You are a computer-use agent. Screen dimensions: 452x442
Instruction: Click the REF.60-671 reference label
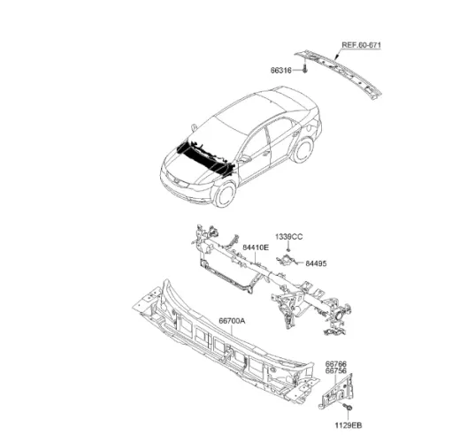point(361,45)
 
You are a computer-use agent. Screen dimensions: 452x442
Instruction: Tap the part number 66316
point(281,71)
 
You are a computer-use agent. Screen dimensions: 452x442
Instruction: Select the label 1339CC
point(289,237)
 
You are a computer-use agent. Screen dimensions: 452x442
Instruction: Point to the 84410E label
point(256,248)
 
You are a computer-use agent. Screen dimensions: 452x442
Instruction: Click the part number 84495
point(316,263)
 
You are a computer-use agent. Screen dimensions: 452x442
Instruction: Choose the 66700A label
point(232,321)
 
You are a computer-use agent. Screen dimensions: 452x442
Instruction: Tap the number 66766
point(336,364)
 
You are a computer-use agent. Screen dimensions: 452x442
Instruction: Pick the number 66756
point(336,371)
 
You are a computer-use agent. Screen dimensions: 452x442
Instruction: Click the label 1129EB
point(349,425)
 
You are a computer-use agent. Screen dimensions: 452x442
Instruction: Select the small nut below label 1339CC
point(288,250)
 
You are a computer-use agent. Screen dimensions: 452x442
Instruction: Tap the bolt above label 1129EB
point(349,408)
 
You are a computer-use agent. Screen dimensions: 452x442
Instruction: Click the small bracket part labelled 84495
point(287,260)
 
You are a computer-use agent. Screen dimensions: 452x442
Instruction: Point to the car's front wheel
point(225,194)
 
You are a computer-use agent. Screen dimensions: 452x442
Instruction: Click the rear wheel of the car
point(303,150)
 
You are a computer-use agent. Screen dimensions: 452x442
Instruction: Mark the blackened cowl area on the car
point(205,157)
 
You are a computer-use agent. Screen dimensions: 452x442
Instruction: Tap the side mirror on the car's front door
point(244,158)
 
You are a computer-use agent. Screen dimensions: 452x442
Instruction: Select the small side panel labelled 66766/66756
point(337,392)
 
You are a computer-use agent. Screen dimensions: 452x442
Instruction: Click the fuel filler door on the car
point(309,127)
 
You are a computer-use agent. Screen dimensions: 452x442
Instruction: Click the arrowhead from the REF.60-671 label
point(336,58)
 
